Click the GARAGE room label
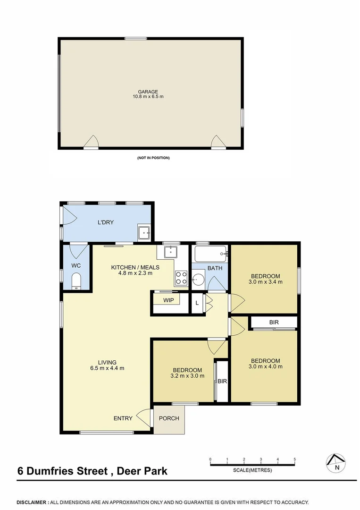click(x=148, y=92)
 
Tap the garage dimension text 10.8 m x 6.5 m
click(x=148, y=97)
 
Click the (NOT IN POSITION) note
click(x=150, y=158)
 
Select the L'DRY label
click(x=106, y=222)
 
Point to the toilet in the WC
click(x=77, y=282)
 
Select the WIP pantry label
click(x=168, y=300)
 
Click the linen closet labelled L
click(x=197, y=303)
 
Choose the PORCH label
click(x=168, y=418)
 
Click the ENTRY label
click(x=123, y=418)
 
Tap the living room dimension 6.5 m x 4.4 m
click(x=108, y=368)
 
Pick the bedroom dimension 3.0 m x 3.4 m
click(x=266, y=282)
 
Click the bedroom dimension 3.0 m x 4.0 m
click(x=266, y=366)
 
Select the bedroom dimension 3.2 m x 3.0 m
click(x=187, y=376)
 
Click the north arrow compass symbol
click(x=336, y=462)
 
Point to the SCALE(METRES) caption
click(x=252, y=470)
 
